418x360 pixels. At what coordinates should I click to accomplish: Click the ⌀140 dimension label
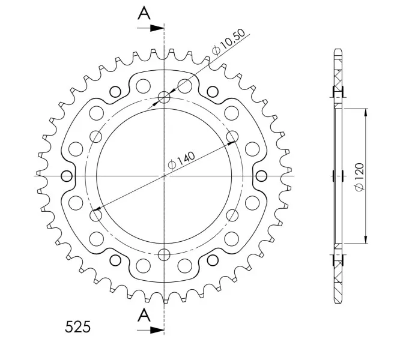pyautogui.click(x=181, y=161)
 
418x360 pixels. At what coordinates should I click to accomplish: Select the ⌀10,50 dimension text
pyautogui.click(x=228, y=42)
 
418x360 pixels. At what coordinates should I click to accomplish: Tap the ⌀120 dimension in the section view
pyautogui.click(x=359, y=177)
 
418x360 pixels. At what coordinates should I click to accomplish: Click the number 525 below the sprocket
pyautogui.click(x=77, y=327)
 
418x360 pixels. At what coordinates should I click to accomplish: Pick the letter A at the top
pyautogui.click(x=144, y=13)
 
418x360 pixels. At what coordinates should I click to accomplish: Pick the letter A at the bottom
pyautogui.click(x=144, y=315)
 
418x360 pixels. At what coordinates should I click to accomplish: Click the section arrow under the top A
pyautogui.click(x=150, y=28)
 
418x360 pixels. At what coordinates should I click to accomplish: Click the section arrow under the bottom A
pyautogui.click(x=150, y=330)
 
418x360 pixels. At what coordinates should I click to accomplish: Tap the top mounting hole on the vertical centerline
pyautogui.click(x=164, y=97)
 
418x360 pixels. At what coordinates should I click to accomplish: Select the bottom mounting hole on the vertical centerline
pyautogui.click(x=164, y=254)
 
